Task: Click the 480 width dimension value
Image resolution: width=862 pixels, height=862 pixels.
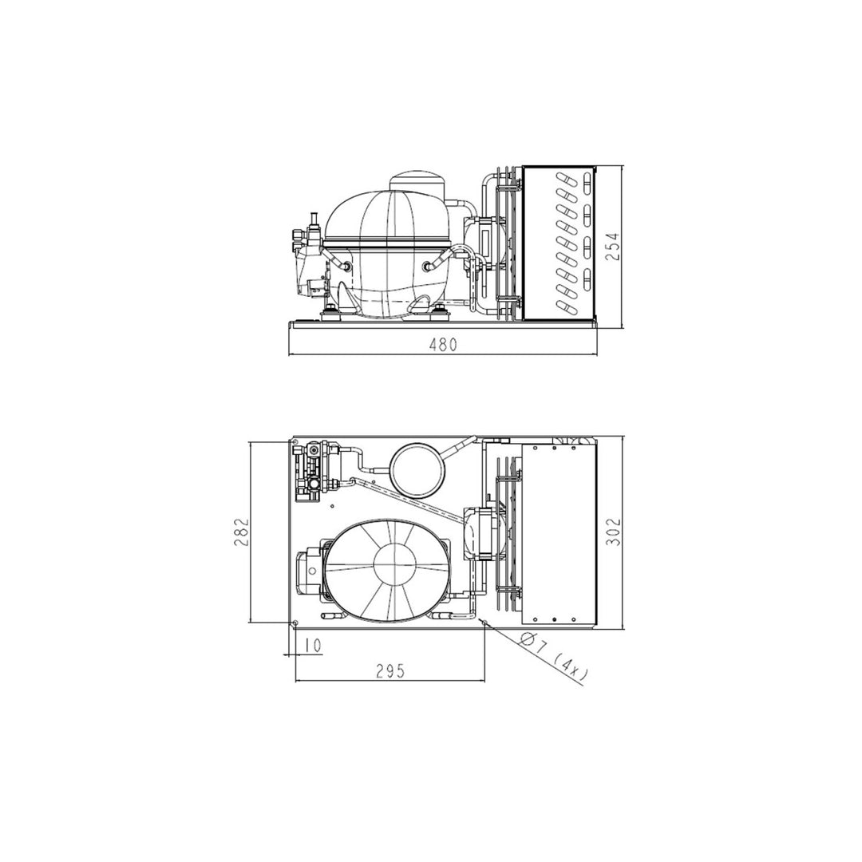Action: pyautogui.click(x=443, y=345)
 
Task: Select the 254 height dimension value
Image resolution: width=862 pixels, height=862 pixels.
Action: pyautogui.click(x=614, y=247)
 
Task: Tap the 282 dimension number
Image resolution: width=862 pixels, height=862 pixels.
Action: pyautogui.click(x=243, y=532)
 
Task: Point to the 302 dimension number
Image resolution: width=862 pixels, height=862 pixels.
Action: pyautogui.click(x=614, y=532)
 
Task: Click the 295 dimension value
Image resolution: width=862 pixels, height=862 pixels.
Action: pyautogui.click(x=390, y=671)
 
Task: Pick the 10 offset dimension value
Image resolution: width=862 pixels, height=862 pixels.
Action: pyautogui.click(x=312, y=646)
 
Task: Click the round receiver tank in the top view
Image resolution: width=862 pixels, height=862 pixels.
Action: pyautogui.click(x=415, y=465)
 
